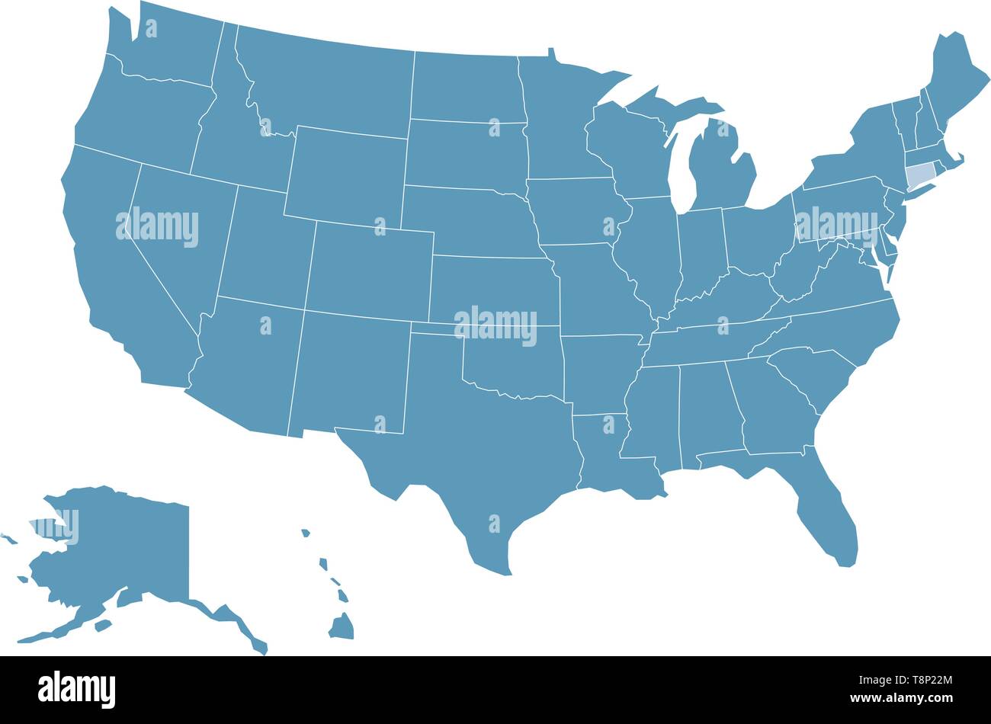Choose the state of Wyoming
pyautogui.click(x=347, y=175)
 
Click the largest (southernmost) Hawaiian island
pyautogui.click(x=342, y=627)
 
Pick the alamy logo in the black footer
pyautogui.click(x=76, y=689)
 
